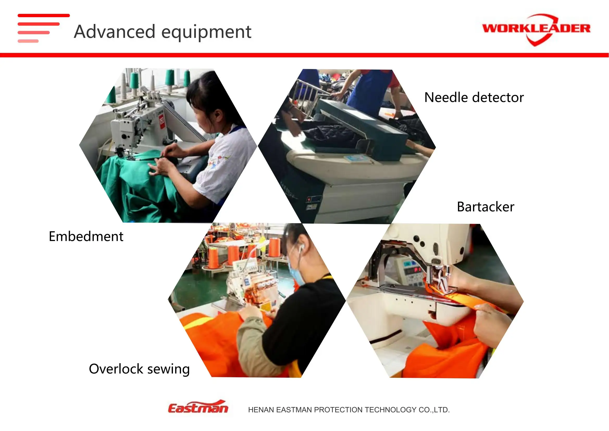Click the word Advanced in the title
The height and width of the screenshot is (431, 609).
pyautogui.click(x=115, y=32)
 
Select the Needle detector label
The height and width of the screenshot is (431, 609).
pyautogui.click(x=474, y=97)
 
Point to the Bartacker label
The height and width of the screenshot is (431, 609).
pyautogui.click(x=485, y=207)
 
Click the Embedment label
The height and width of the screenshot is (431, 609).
pyautogui.click(x=86, y=236)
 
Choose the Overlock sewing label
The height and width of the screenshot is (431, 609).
pyautogui.click(x=139, y=369)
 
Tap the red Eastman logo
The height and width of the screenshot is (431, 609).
pyautogui.click(x=198, y=407)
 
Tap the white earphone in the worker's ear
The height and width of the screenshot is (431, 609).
pyautogui.click(x=301, y=247)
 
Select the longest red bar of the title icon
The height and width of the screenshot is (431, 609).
pyautogui.click(x=44, y=15)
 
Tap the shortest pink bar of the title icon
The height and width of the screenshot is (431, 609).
pyautogui.click(x=28, y=41)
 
